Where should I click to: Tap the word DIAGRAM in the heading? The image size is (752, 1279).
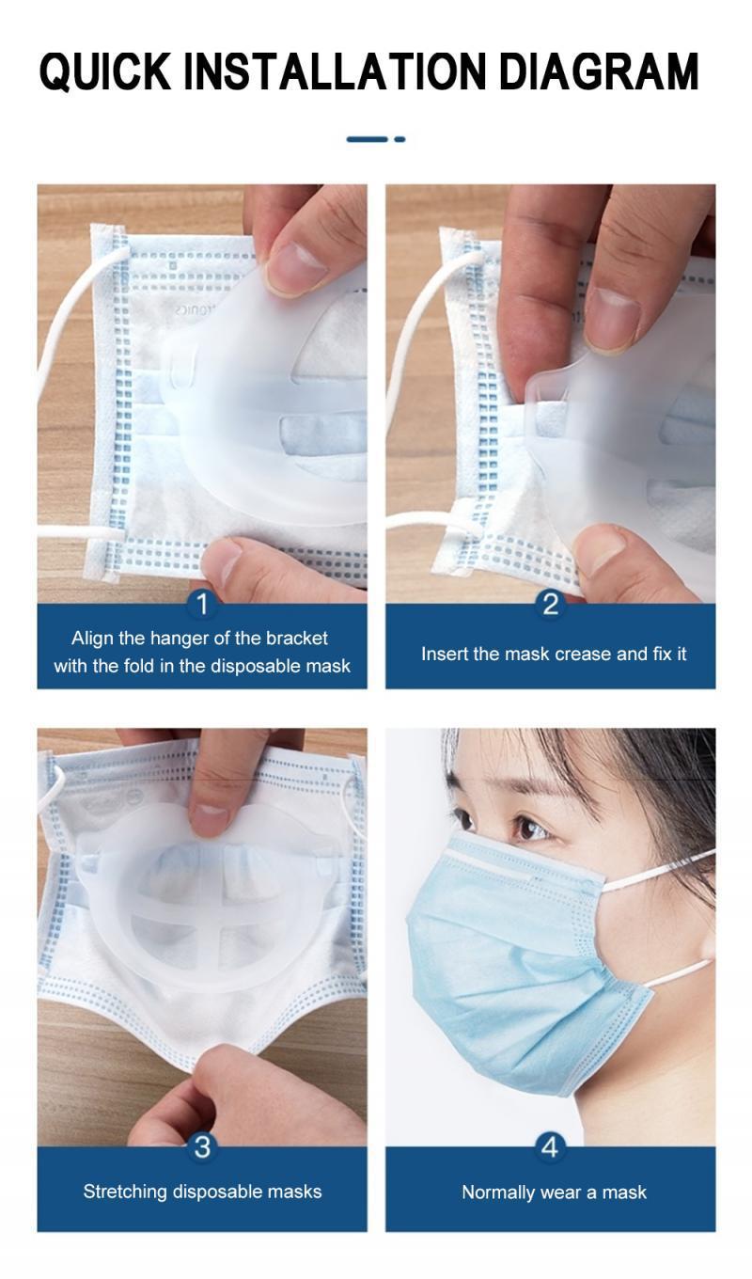click(599, 71)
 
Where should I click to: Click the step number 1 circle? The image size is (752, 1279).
click(202, 605)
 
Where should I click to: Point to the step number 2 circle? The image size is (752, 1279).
click(550, 605)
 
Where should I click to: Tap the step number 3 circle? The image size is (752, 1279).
click(202, 1147)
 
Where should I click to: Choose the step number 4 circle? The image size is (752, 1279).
click(550, 1147)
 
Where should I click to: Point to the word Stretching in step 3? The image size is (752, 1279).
click(125, 1192)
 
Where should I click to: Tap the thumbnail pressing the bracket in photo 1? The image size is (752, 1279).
click(297, 267)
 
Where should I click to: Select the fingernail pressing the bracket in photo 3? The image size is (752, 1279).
click(210, 817)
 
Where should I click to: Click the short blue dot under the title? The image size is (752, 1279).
click(399, 139)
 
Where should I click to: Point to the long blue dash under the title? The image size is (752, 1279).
click(367, 139)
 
